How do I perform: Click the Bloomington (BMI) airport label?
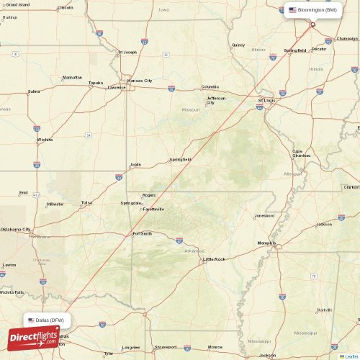coord(317,10)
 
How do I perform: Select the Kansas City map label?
coord(140,81)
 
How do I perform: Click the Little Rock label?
coord(215,258)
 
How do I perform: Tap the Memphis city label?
coord(266,243)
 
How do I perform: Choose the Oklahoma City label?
coord(15,229)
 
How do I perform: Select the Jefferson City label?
coord(216,100)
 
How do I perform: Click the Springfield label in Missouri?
coord(180,159)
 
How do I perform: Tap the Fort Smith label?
coord(142,233)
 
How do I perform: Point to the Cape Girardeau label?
coord(302,153)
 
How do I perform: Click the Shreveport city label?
coord(165,346)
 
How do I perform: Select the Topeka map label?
coord(96,82)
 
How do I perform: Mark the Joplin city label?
coord(135,164)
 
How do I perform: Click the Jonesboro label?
coord(264,215)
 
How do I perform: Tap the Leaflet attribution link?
coord(351,356)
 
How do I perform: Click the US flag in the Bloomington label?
coord(292,10)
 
